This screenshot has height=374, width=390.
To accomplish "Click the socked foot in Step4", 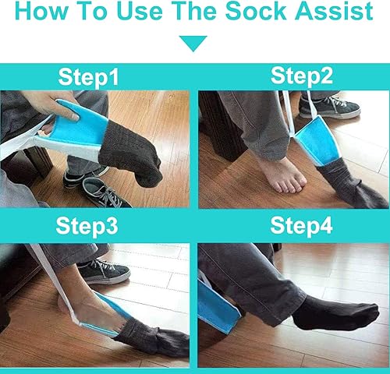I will [335, 312].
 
